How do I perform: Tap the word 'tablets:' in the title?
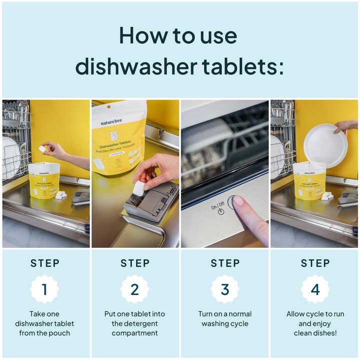pos(244,66)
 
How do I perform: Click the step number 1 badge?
pos(44,289)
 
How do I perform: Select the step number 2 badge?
pos(134,289)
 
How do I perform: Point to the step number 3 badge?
pos(225,289)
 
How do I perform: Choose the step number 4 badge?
pos(315,289)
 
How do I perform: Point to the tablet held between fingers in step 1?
pos(42,148)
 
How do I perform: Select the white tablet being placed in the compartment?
pos(138,188)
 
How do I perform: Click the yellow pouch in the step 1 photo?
pos(44,180)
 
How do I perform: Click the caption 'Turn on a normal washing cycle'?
pos(225,318)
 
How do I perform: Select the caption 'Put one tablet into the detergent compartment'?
pos(134,323)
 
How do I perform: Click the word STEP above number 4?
pos(315,263)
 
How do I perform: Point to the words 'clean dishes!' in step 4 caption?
pos(315,333)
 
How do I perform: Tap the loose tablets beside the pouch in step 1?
pos(61,195)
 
